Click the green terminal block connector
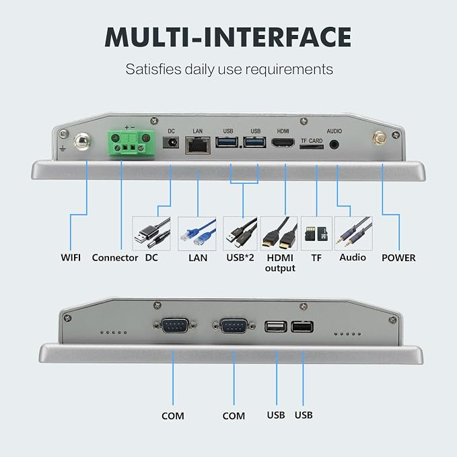click(x=131, y=143)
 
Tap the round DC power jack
click(x=171, y=142)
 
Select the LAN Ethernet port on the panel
click(x=198, y=145)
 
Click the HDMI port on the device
click(x=283, y=143)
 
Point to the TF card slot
click(x=312, y=147)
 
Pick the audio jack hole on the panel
click(x=334, y=144)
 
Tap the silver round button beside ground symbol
click(x=82, y=141)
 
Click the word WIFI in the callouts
click(x=71, y=257)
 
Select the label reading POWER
click(x=398, y=258)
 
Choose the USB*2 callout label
click(x=240, y=257)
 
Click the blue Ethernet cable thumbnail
click(x=197, y=234)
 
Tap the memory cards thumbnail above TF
click(x=316, y=234)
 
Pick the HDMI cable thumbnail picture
click(x=279, y=234)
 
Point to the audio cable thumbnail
click(x=353, y=234)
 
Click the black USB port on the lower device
click(x=302, y=326)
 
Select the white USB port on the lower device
click(x=276, y=326)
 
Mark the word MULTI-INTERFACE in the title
click(x=228, y=37)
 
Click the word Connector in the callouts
click(x=115, y=258)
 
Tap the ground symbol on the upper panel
click(x=63, y=149)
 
